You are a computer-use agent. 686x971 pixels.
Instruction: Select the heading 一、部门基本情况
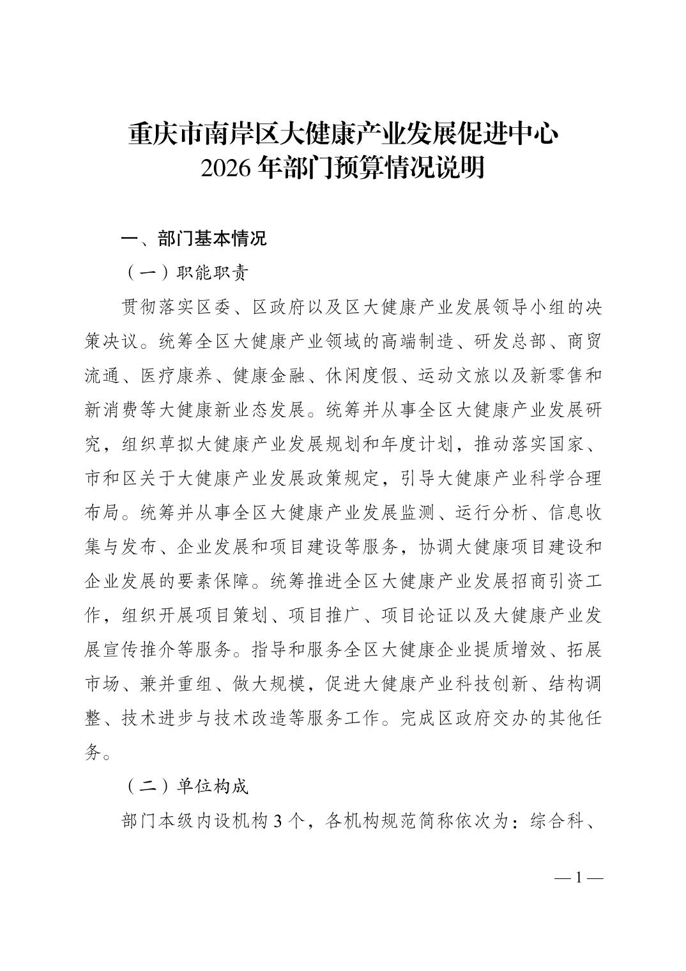194,239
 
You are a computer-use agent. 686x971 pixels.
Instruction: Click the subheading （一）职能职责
185,273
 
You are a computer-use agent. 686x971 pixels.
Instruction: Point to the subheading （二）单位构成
185,786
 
